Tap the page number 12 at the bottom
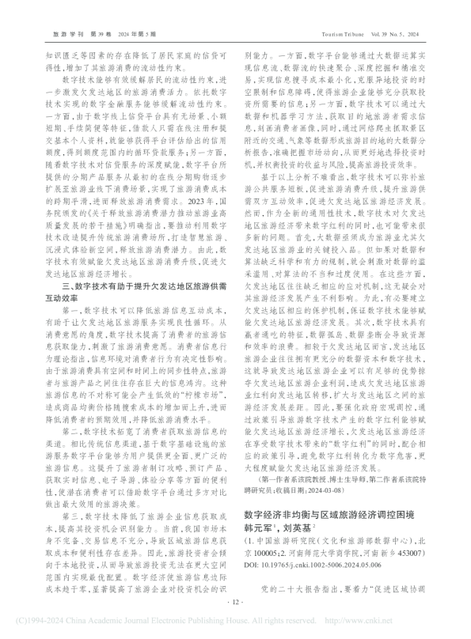coord(235,602)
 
